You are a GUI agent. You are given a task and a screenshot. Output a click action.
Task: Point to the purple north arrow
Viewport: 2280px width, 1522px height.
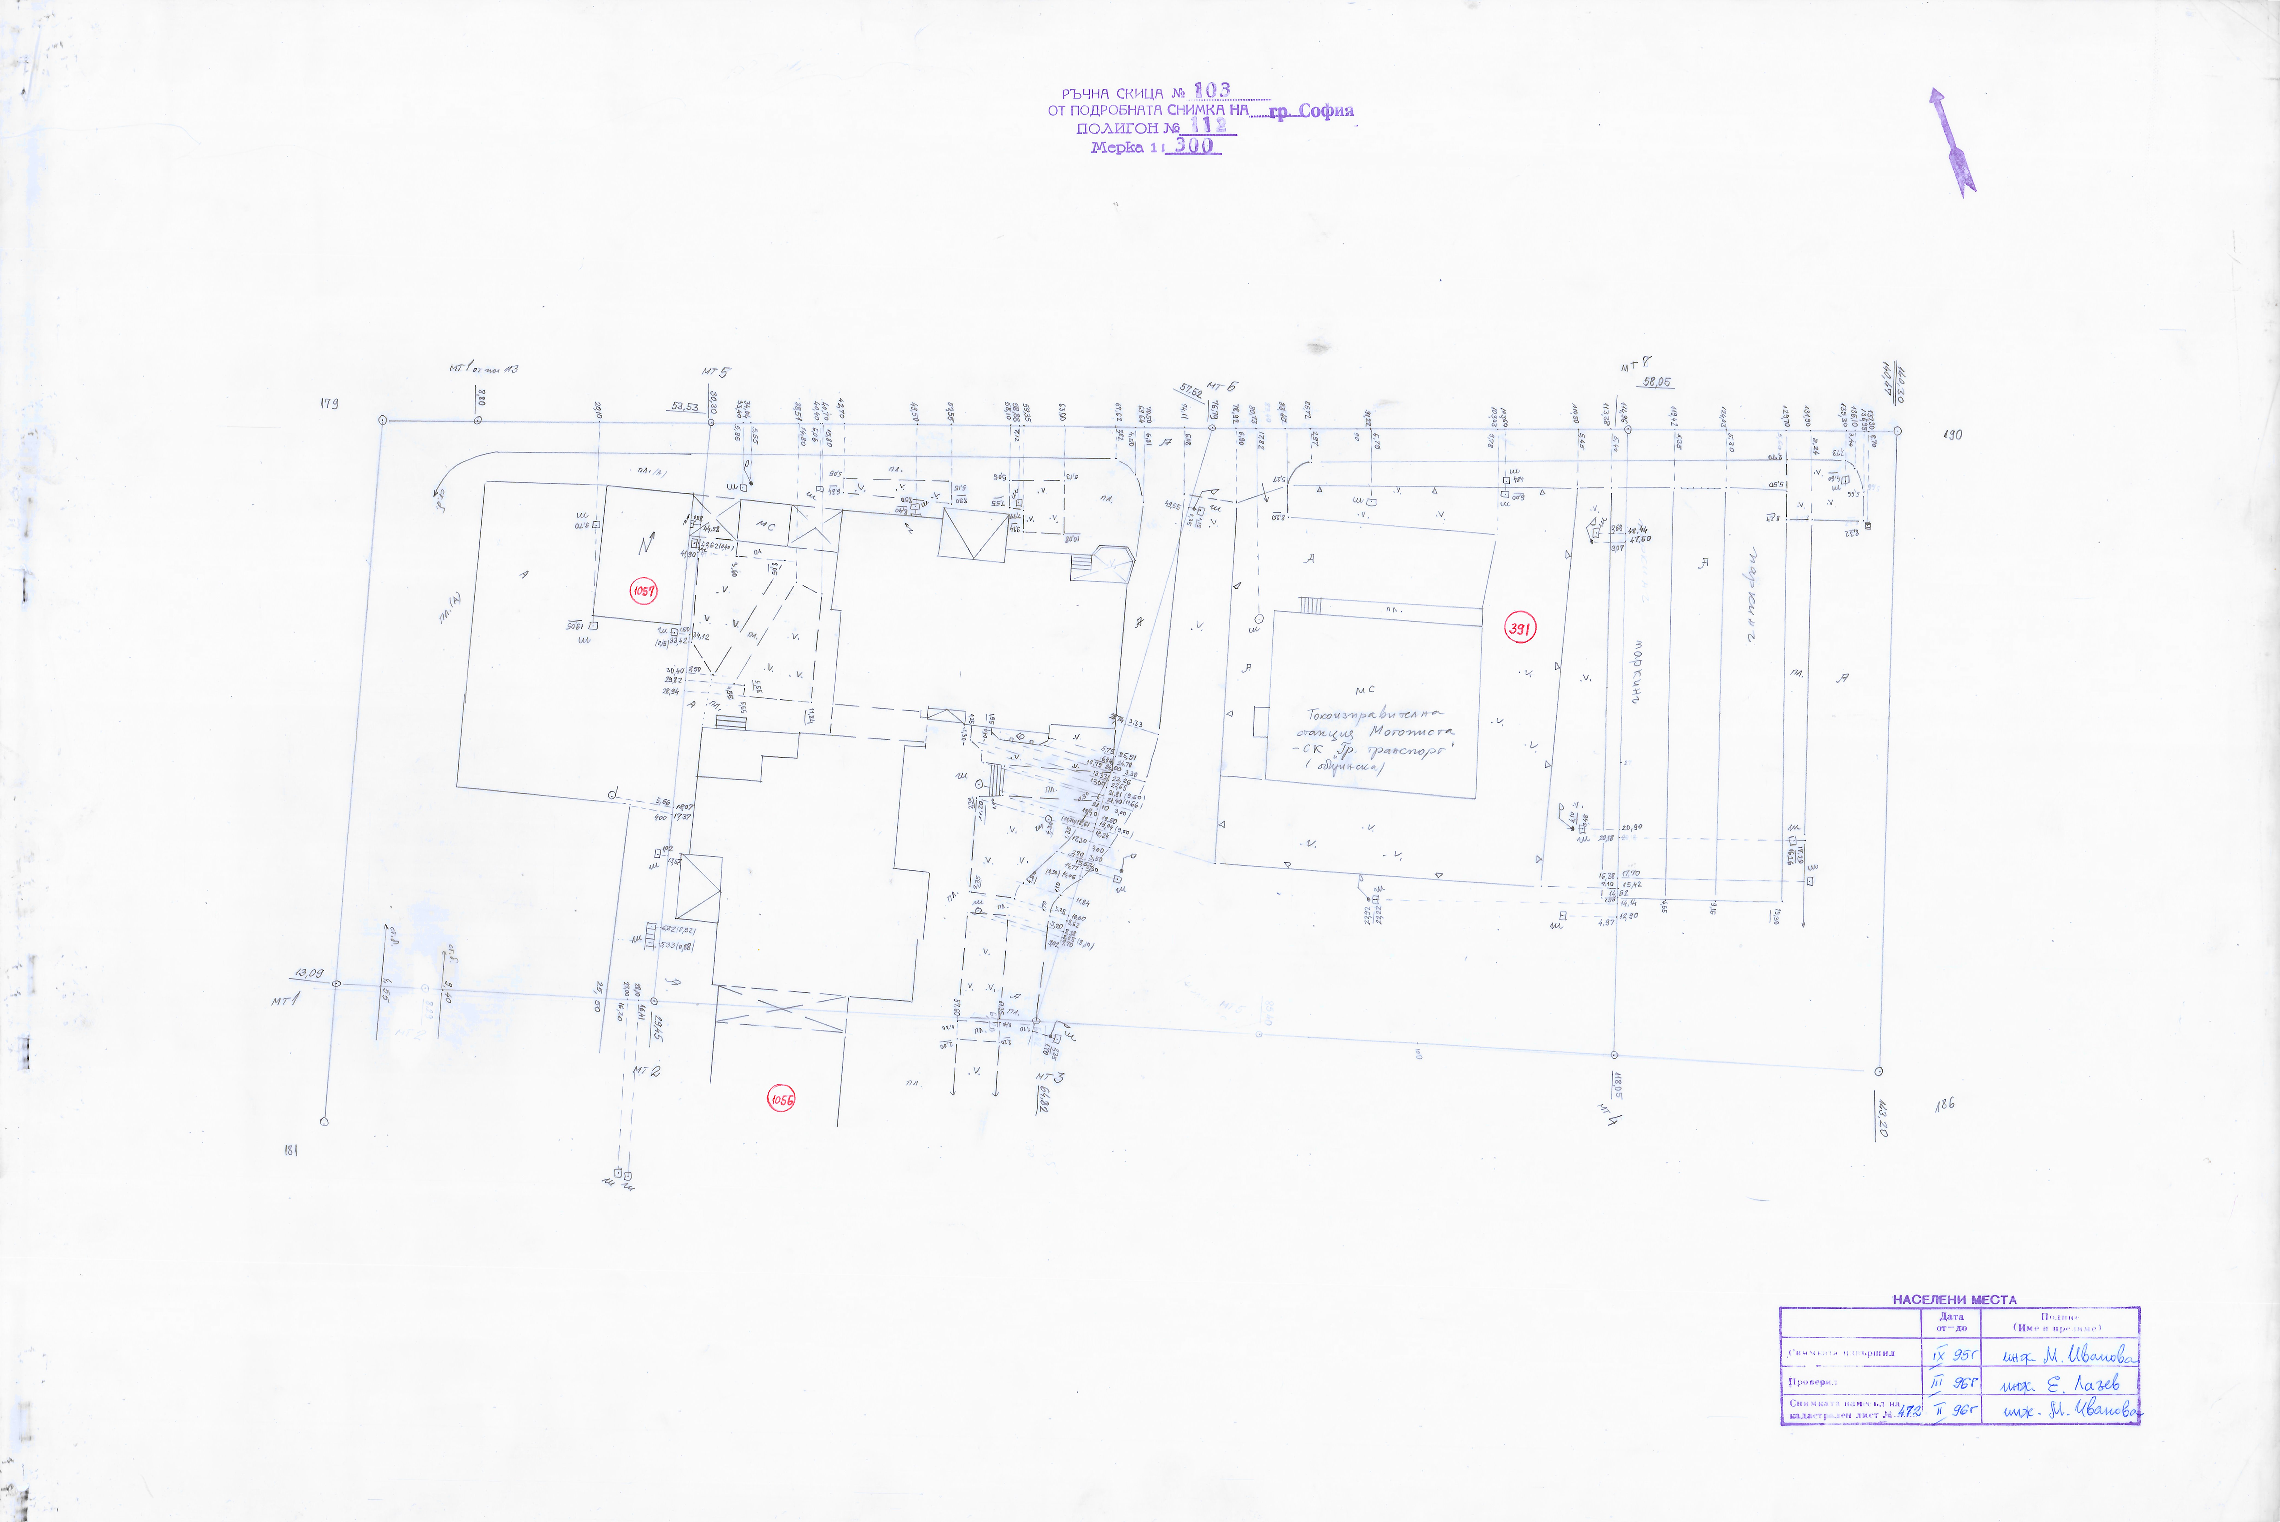[1952, 143]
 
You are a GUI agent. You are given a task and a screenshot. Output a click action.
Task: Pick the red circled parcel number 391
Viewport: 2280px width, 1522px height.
[1519, 629]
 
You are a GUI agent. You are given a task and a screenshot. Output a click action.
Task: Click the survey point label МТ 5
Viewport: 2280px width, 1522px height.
[715, 372]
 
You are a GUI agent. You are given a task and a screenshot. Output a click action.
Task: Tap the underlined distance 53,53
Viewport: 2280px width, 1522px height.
[685, 407]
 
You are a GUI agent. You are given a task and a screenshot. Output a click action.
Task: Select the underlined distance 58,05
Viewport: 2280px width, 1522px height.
[1657, 382]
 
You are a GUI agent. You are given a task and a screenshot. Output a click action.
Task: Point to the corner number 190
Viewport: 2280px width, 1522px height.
[1952, 435]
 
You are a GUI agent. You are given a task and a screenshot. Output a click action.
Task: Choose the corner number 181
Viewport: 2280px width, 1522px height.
[289, 1150]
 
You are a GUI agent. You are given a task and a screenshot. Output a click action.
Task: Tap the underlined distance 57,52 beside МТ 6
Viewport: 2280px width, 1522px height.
[1191, 391]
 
